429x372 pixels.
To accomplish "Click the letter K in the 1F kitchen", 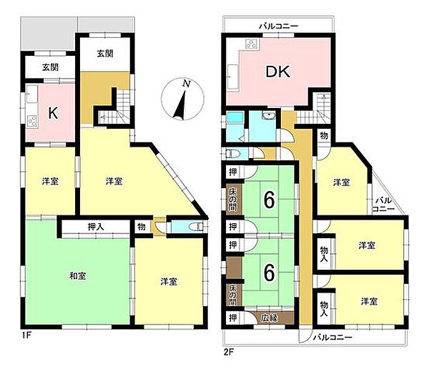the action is click(x=53, y=113).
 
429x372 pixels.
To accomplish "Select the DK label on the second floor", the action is click(x=278, y=72).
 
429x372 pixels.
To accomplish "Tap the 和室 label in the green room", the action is click(x=78, y=276).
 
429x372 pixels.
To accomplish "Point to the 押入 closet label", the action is click(x=96, y=227).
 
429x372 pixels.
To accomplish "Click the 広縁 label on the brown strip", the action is click(x=270, y=318).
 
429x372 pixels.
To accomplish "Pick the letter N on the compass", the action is click(x=187, y=84).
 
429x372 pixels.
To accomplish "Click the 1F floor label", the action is click(x=26, y=336).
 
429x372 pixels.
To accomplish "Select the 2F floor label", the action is click(x=227, y=351).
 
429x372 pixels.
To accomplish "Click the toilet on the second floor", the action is click(x=232, y=154).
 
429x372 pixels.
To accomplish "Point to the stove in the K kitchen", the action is click(x=32, y=121).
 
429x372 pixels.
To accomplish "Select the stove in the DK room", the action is click(x=251, y=44).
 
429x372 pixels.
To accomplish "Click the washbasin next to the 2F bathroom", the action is click(x=269, y=115).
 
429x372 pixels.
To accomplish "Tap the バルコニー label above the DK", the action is click(x=279, y=26).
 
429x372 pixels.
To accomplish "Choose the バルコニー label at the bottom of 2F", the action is click(x=332, y=337).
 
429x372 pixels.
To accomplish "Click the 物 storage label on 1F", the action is click(x=141, y=227).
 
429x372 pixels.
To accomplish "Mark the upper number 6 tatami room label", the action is click(x=269, y=200).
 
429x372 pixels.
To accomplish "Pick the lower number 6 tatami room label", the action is click(x=269, y=273).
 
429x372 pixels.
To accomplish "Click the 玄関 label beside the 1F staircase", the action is click(x=105, y=54).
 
